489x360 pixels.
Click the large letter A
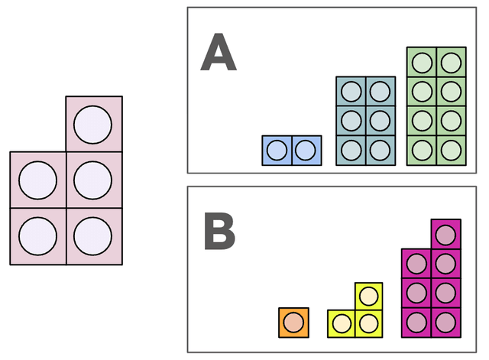point(219,54)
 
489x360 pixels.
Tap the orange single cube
point(294,323)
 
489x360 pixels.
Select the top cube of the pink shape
point(93,125)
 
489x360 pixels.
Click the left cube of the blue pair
point(277,151)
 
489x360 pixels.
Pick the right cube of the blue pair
point(306,151)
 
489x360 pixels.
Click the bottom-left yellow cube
point(341,323)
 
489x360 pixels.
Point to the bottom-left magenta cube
point(416,322)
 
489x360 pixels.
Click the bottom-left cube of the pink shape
point(37,236)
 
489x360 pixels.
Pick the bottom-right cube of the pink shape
point(93,236)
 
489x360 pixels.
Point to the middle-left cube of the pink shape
point(37,180)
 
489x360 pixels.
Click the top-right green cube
point(451,63)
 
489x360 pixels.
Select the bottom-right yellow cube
point(368,323)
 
